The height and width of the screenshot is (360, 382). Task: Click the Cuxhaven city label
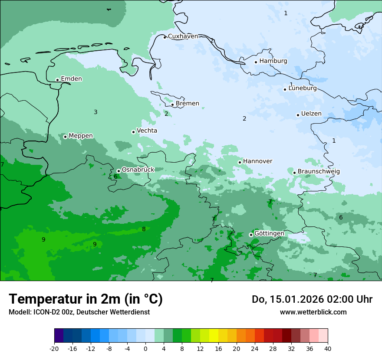[183, 36]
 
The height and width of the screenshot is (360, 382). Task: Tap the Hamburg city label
[273, 61]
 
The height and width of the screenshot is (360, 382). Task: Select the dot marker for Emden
[57, 80]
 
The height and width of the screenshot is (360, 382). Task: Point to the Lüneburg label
[302, 88]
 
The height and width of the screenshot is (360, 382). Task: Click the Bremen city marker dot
[172, 105]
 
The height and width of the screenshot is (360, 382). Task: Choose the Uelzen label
[311, 114]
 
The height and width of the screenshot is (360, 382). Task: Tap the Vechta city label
[147, 131]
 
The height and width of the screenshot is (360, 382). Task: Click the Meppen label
[81, 136]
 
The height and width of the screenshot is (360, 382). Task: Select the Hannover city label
[257, 161]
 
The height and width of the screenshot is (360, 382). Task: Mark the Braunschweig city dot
[294, 173]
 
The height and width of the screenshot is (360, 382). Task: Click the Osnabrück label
[138, 170]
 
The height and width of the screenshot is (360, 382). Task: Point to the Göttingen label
[269, 233]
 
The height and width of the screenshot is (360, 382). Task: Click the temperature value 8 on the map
[144, 229]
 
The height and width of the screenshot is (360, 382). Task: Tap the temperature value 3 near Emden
[95, 112]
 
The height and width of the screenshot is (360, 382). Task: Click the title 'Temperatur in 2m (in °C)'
[86, 299]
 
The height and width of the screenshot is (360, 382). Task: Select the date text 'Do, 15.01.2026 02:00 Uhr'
[312, 299]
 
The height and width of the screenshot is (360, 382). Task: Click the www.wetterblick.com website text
[313, 312]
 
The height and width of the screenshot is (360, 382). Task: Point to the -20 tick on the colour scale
[54, 348]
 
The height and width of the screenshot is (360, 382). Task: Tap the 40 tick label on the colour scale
[327, 348]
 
